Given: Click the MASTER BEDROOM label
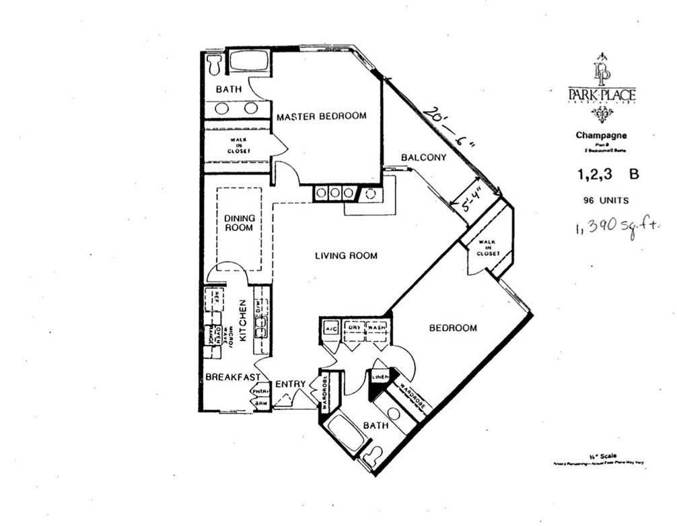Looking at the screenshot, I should tap(322, 116).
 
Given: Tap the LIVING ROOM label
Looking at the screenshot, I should tap(346, 256).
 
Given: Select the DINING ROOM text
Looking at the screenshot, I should tap(239, 223).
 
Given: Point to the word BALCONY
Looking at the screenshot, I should tap(423, 158).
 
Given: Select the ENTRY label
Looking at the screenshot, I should tap(291, 384).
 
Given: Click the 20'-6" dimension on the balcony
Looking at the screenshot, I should tap(447, 129).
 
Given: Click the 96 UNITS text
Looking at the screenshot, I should tap(606, 200).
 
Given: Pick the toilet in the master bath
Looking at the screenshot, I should tap(215, 65).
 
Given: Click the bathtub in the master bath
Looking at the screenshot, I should tap(247, 63).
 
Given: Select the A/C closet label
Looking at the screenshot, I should tap(330, 328).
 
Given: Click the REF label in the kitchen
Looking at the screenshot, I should tap(215, 296).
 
